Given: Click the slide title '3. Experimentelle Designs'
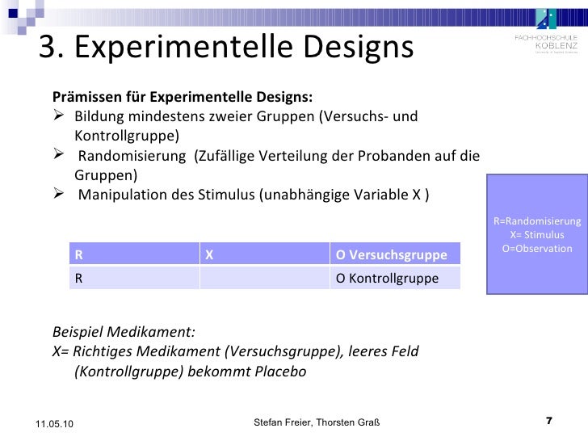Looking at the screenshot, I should coord(226,49).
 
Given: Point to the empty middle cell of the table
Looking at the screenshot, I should coord(264,278).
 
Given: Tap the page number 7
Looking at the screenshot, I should coord(549,421).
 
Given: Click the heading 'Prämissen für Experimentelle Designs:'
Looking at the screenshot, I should coord(183,98).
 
